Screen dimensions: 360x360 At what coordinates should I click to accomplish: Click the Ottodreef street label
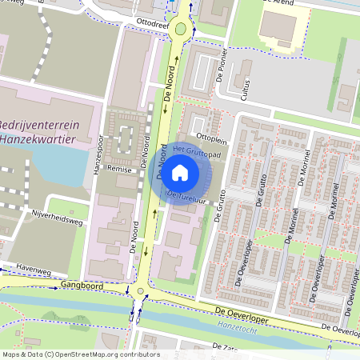(x=151, y=24)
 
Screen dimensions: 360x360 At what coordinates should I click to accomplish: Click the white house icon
(x=180, y=172)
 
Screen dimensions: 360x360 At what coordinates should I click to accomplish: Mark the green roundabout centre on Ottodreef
(x=180, y=30)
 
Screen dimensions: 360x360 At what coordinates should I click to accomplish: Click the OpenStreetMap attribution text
(x=80, y=354)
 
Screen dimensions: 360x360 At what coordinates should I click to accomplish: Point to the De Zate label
(x=225, y=346)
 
